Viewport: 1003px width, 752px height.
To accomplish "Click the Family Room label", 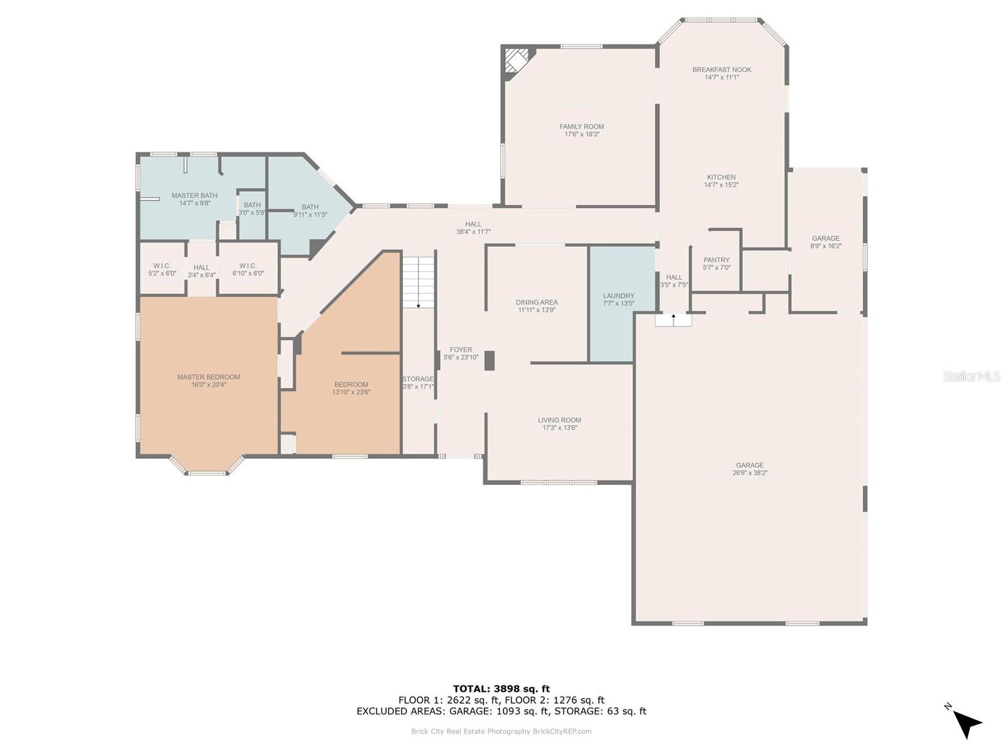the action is click(x=581, y=127).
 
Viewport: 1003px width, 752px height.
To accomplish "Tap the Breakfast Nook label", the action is click(x=722, y=70).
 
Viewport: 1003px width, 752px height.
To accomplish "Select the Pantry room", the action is click(x=716, y=263).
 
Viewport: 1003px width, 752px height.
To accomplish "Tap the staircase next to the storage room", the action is click(x=417, y=282).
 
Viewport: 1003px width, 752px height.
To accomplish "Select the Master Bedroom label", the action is click(x=208, y=377).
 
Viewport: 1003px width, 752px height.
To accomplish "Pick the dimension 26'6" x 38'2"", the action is click(x=749, y=473).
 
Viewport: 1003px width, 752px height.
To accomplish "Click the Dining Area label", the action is click(x=537, y=302).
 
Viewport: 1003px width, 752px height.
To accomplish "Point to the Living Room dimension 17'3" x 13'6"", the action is click(x=559, y=428).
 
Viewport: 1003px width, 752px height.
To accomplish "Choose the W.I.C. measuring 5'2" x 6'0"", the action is click(x=162, y=268).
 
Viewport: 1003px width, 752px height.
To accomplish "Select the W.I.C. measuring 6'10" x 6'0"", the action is click(x=248, y=268).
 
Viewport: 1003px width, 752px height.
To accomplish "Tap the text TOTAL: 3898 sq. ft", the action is click(x=501, y=689).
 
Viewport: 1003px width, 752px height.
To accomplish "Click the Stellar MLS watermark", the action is click(x=971, y=376).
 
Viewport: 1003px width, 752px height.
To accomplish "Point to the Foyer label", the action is click(x=461, y=350).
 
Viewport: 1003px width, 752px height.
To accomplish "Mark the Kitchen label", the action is click(x=721, y=177).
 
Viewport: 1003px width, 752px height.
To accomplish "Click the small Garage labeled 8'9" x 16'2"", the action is click(x=826, y=241).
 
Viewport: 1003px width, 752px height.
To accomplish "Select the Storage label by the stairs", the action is click(x=417, y=379).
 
